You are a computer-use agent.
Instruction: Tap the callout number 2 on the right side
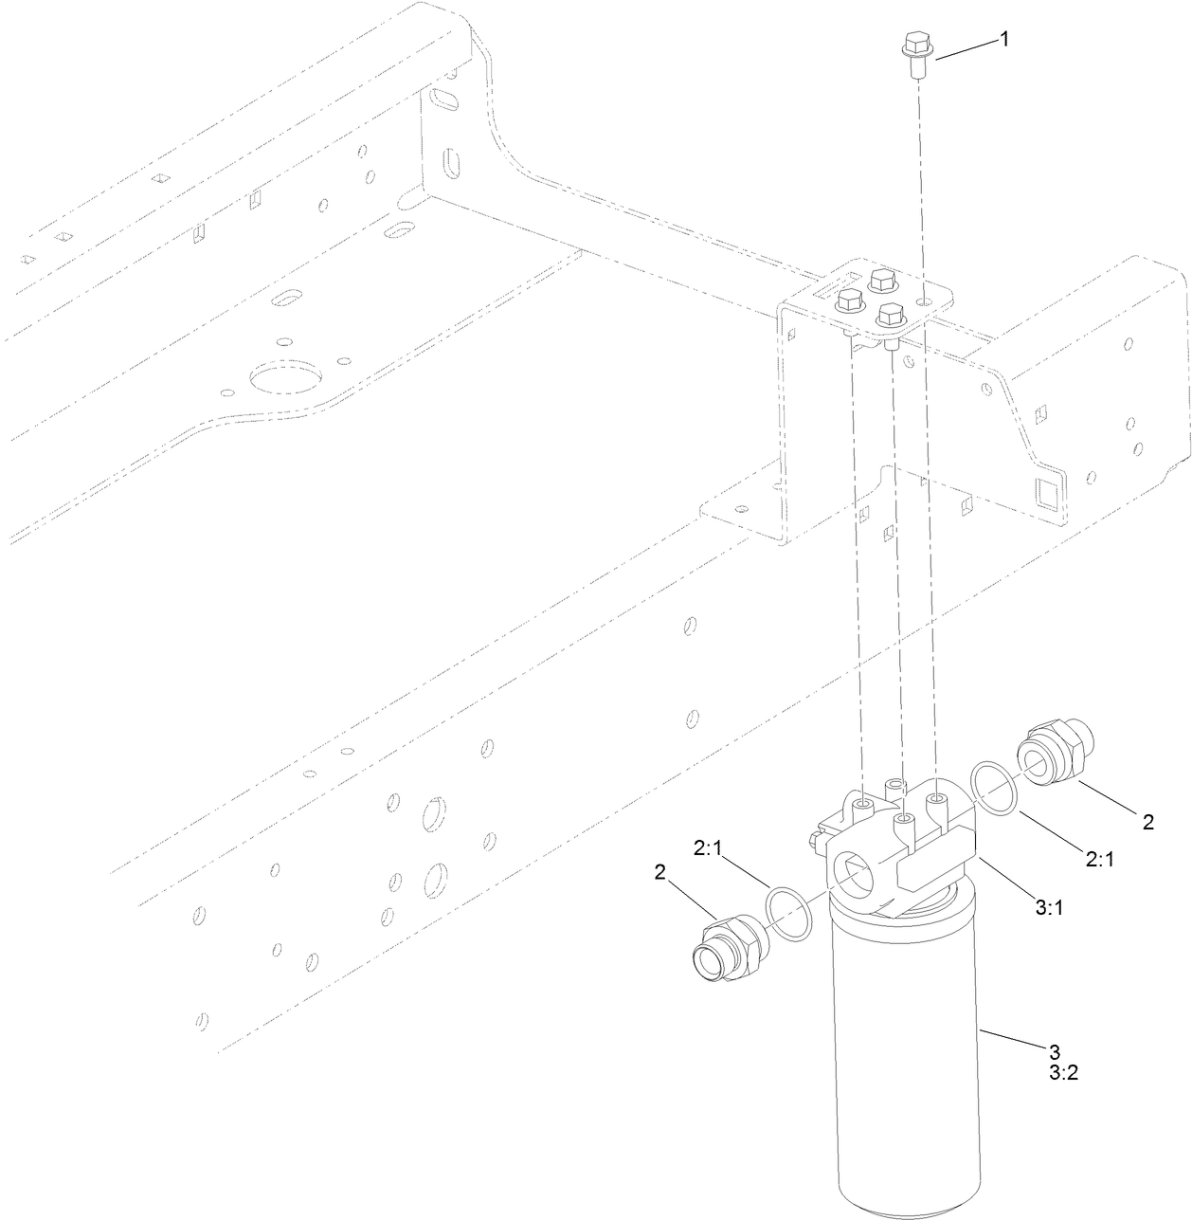coord(1147,822)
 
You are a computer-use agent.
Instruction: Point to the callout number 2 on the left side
coord(659,872)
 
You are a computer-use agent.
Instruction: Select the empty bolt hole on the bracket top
coord(922,300)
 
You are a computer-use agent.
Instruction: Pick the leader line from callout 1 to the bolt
coord(966,49)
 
